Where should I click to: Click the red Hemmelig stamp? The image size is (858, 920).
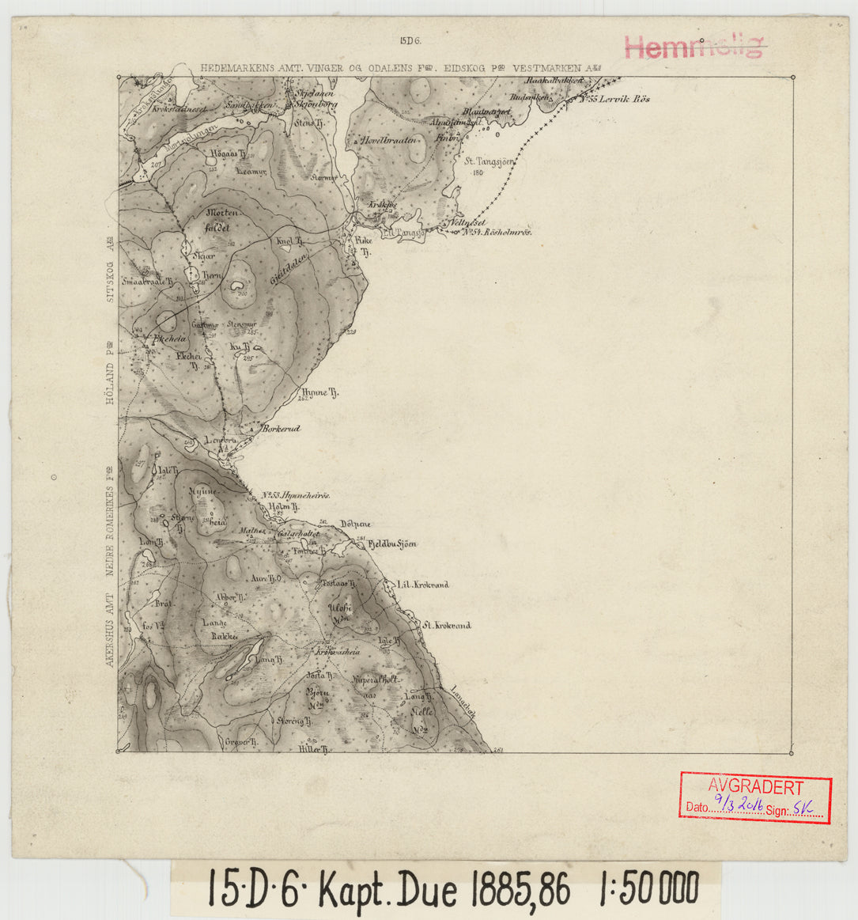pos(694,47)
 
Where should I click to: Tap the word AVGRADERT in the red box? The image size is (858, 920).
pos(755,788)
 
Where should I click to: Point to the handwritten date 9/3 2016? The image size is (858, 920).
pos(737,805)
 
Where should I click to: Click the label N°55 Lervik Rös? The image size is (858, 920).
pos(614,100)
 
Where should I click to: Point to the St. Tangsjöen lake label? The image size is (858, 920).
pos(490,161)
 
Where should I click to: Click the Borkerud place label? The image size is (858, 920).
pos(281,428)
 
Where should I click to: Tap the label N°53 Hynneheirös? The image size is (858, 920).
pos(295,495)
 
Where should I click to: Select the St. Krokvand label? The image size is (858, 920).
pos(447,625)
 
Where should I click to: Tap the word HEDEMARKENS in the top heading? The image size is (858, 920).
pos(237,69)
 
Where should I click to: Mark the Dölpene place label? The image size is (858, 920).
pos(354,524)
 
